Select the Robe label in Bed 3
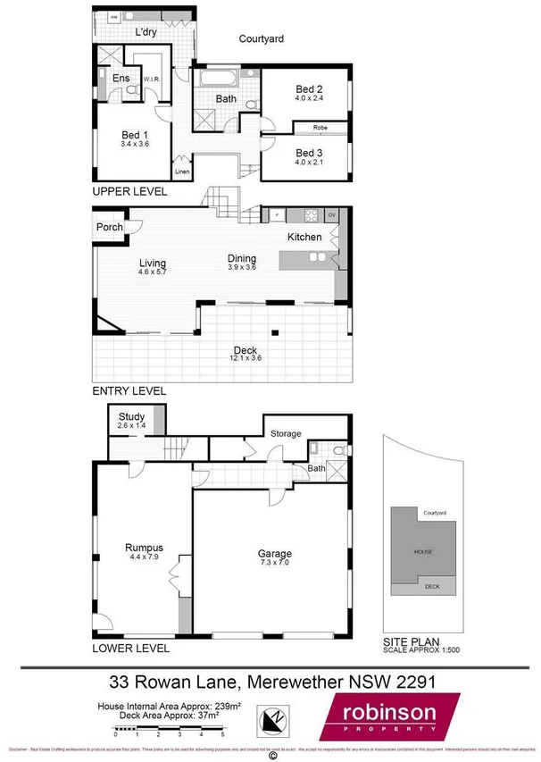point(319,128)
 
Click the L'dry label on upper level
point(146,33)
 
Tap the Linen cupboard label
point(182,172)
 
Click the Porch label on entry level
point(109,227)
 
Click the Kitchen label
point(304,238)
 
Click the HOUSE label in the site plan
point(422,552)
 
